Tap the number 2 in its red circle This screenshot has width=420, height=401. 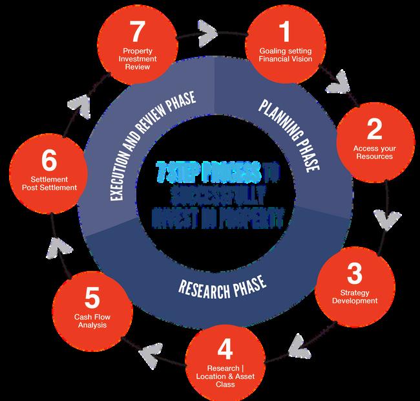(x=374, y=130)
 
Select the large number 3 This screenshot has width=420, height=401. (x=354, y=274)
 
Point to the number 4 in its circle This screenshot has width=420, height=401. (x=225, y=349)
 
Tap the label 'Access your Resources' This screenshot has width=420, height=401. (x=374, y=153)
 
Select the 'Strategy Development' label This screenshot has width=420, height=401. (x=354, y=297)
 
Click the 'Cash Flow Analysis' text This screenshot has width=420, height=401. (x=91, y=320)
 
